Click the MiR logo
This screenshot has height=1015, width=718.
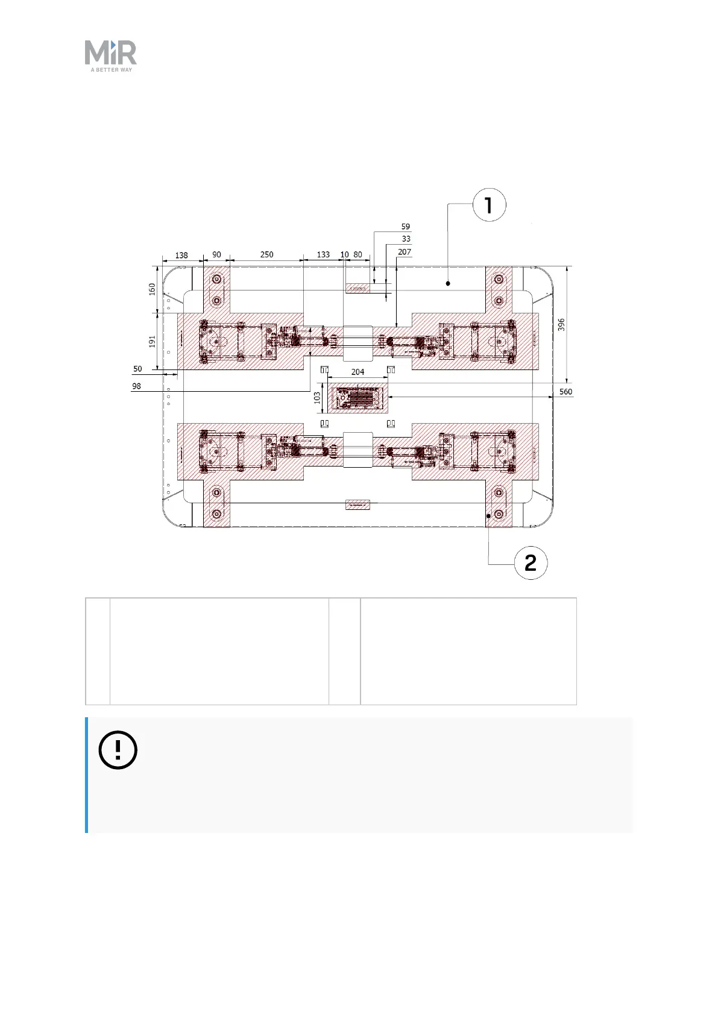click(110, 55)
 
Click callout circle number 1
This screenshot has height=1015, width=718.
click(489, 205)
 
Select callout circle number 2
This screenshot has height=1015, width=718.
click(531, 563)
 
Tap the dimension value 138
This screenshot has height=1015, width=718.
click(181, 255)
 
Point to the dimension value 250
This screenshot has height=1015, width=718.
click(266, 255)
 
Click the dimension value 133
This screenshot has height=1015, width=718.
click(323, 255)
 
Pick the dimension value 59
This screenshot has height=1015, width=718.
click(406, 227)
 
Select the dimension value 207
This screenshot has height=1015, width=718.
click(405, 252)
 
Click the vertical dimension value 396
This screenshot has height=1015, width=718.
click(561, 325)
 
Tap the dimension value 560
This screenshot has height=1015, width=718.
click(565, 392)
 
